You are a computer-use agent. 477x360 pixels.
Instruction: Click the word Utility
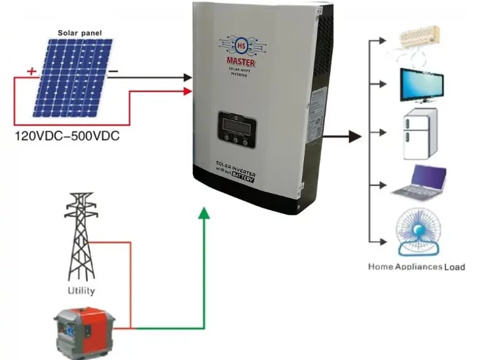click(81, 290)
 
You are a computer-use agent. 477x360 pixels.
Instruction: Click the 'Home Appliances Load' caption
click(417, 266)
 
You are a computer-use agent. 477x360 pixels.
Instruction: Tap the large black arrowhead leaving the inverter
click(354, 136)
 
